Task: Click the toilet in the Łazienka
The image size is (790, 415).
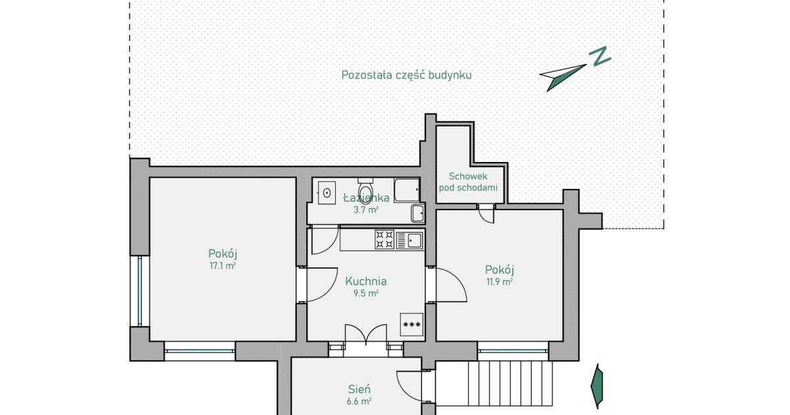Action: (x=365, y=190)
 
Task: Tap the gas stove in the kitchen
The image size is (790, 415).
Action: (x=384, y=240)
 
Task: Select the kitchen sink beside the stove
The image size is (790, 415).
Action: (x=409, y=240)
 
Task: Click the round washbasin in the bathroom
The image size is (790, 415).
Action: (x=327, y=192)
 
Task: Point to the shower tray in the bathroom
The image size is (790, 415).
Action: (x=407, y=190)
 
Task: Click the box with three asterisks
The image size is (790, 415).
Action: (x=411, y=324)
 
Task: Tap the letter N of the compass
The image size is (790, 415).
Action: (x=600, y=56)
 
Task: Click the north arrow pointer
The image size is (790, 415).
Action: (x=563, y=78)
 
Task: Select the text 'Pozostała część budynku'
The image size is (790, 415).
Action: (x=406, y=75)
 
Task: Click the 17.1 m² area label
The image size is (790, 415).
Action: (x=223, y=265)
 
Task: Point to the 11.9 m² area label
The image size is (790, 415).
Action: (x=500, y=282)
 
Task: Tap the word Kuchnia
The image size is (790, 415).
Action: (x=366, y=281)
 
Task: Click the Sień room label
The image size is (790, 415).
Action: (x=359, y=389)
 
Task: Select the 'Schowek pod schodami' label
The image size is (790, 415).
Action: (x=468, y=182)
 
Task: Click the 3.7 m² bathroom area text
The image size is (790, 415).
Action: (x=366, y=210)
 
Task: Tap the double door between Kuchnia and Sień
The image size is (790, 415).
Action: (x=366, y=335)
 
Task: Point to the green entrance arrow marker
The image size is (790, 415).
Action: (x=596, y=387)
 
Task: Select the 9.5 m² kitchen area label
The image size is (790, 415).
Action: (x=366, y=294)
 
